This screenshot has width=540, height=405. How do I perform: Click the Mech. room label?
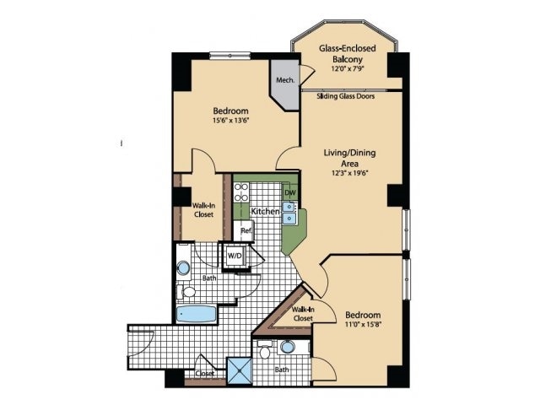[285, 80]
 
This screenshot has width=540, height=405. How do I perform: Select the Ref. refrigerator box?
[244, 230]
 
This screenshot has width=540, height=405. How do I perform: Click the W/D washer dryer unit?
[235, 256]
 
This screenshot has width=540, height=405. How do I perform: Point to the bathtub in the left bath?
[197, 314]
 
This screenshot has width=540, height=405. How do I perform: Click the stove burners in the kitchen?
[241, 192]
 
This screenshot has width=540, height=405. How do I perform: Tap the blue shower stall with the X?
[239, 370]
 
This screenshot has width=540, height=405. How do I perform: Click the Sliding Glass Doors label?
[345, 96]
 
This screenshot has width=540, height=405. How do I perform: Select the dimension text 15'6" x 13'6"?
[230, 121]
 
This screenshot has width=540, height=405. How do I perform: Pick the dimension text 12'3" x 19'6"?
[350, 173]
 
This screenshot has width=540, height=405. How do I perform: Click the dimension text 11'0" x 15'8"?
[364, 324]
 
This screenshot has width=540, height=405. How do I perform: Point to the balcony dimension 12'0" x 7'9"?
[348, 68]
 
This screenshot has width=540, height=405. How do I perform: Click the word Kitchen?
[265, 211]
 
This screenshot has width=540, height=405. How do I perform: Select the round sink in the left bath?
[183, 267]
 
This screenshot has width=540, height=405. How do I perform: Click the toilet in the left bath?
[186, 292]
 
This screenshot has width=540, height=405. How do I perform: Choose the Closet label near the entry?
[205, 373]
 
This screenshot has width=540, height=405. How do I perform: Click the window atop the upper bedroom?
[230, 56]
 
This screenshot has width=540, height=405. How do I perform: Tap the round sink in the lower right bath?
[288, 347]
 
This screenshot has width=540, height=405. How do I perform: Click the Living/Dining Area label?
[349, 158]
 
